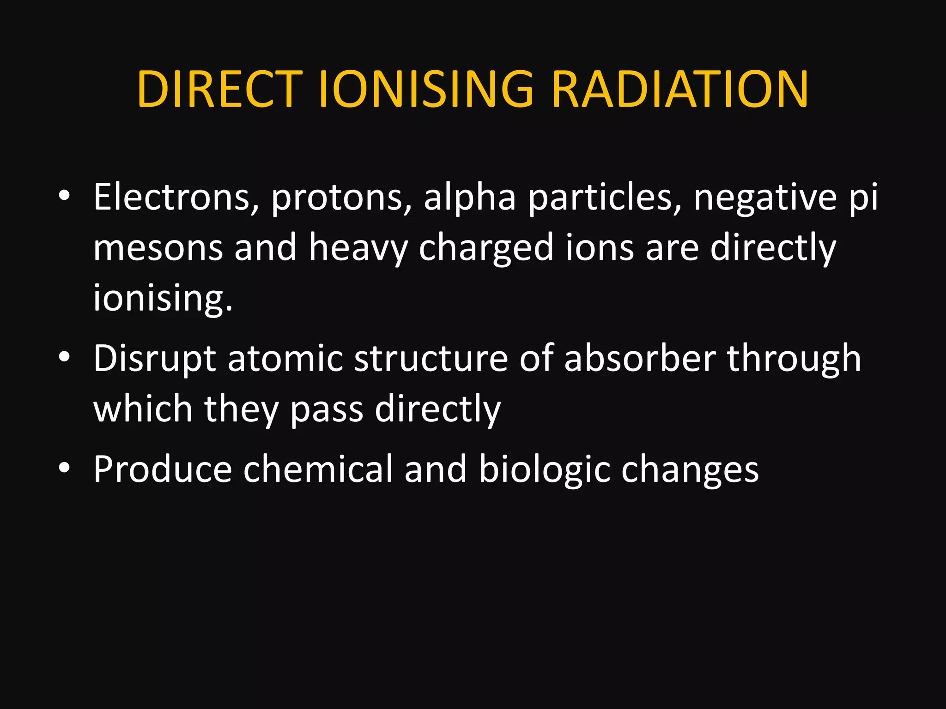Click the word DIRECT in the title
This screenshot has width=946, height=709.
[219, 90]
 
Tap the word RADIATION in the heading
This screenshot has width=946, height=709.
[679, 90]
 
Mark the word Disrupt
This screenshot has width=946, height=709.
[154, 359]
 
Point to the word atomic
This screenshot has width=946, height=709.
[285, 359]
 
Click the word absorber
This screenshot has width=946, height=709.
[640, 359]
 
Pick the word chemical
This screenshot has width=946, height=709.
[318, 469]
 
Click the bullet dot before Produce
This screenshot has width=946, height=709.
[64, 468]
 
